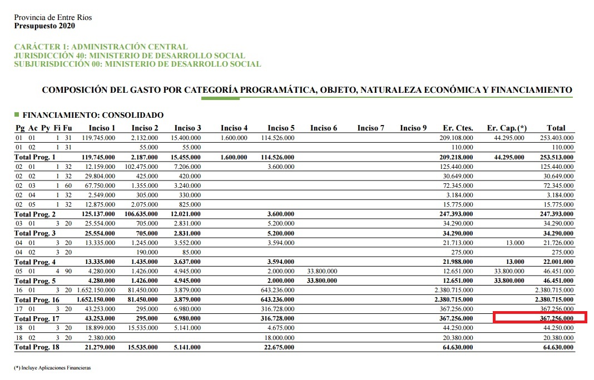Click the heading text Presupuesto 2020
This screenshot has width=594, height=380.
44,26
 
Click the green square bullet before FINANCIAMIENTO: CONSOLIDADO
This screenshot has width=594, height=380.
17,115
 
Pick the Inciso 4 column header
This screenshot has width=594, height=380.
234,128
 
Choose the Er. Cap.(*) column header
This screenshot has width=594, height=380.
506,128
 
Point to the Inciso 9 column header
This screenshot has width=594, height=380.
413,128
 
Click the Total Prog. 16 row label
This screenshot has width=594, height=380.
36,300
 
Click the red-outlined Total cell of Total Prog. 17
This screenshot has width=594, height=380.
539,318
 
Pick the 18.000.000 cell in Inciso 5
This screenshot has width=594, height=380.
279,338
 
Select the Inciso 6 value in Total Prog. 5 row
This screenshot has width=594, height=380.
322,281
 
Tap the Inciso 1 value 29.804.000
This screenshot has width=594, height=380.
99,176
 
